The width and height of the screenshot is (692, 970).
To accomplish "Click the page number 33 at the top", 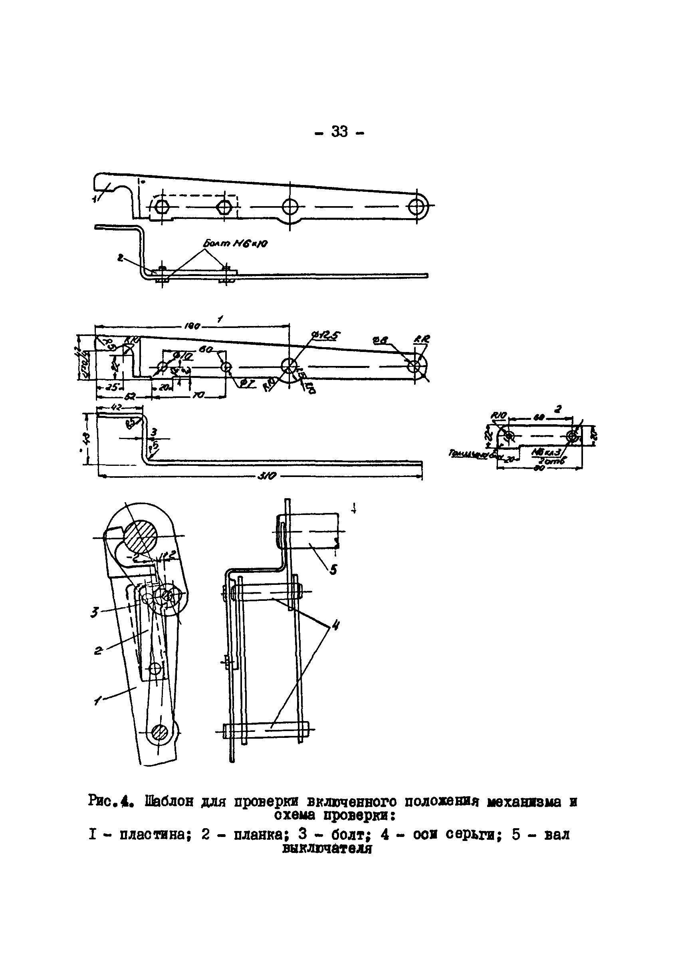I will click(x=339, y=132).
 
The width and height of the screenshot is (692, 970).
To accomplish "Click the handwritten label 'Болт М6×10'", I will click(x=235, y=243).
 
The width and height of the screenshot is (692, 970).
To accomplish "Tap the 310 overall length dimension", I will click(x=267, y=475).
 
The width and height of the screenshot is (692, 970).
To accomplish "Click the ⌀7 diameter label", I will click(x=247, y=384).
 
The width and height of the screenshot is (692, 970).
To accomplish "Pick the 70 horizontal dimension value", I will click(x=198, y=395).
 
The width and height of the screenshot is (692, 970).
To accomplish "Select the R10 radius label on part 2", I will click(x=497, y=414).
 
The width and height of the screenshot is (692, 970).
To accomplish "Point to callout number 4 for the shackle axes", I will click(x=335, y=626).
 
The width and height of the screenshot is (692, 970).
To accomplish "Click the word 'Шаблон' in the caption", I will click(x=169, y=801).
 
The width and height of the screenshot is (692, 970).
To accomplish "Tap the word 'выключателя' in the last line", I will click(x=327, y=849).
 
